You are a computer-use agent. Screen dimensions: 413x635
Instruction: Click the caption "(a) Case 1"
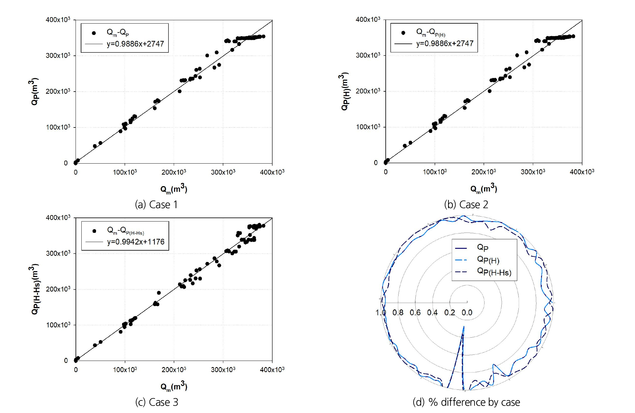(x=156, y=205)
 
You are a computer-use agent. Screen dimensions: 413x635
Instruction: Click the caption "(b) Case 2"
(x=466, y=205)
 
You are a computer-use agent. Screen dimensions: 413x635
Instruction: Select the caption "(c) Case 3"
(x=156, y=402)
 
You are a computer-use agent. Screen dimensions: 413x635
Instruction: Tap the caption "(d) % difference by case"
(x=466, y=402)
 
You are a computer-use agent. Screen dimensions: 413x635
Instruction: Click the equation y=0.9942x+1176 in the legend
(x=136, y=242)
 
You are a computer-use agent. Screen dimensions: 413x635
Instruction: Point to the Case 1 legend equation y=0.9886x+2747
(x=135, y=44)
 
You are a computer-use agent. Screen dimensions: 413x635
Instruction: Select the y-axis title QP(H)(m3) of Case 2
(x=345, y=91)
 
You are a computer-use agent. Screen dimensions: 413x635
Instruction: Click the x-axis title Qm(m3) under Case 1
(x=174, y=189)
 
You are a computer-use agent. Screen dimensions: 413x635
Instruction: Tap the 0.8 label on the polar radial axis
(x=398, y=313)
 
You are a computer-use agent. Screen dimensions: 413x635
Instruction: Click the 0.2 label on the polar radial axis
(x=449, y=313)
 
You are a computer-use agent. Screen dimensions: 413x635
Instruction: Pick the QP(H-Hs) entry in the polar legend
(x=494, y=272)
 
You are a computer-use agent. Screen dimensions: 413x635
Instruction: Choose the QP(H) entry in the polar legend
(x=488, y=260)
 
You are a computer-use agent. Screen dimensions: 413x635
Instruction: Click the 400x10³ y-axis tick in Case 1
(x=58, y=20)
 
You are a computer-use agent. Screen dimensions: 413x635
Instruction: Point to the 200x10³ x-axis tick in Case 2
(x=483, y=172)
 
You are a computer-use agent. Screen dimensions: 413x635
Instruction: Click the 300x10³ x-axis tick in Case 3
(x=223, y=370)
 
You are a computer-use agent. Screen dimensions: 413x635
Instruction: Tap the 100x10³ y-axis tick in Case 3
(x=58, y=325)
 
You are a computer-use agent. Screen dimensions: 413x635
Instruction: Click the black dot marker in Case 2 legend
(x=403, y=33)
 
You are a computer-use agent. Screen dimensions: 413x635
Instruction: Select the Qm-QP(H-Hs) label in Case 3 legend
(x=125, y=230)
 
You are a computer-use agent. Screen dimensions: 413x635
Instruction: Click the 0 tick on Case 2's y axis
(x=376, y=163)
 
